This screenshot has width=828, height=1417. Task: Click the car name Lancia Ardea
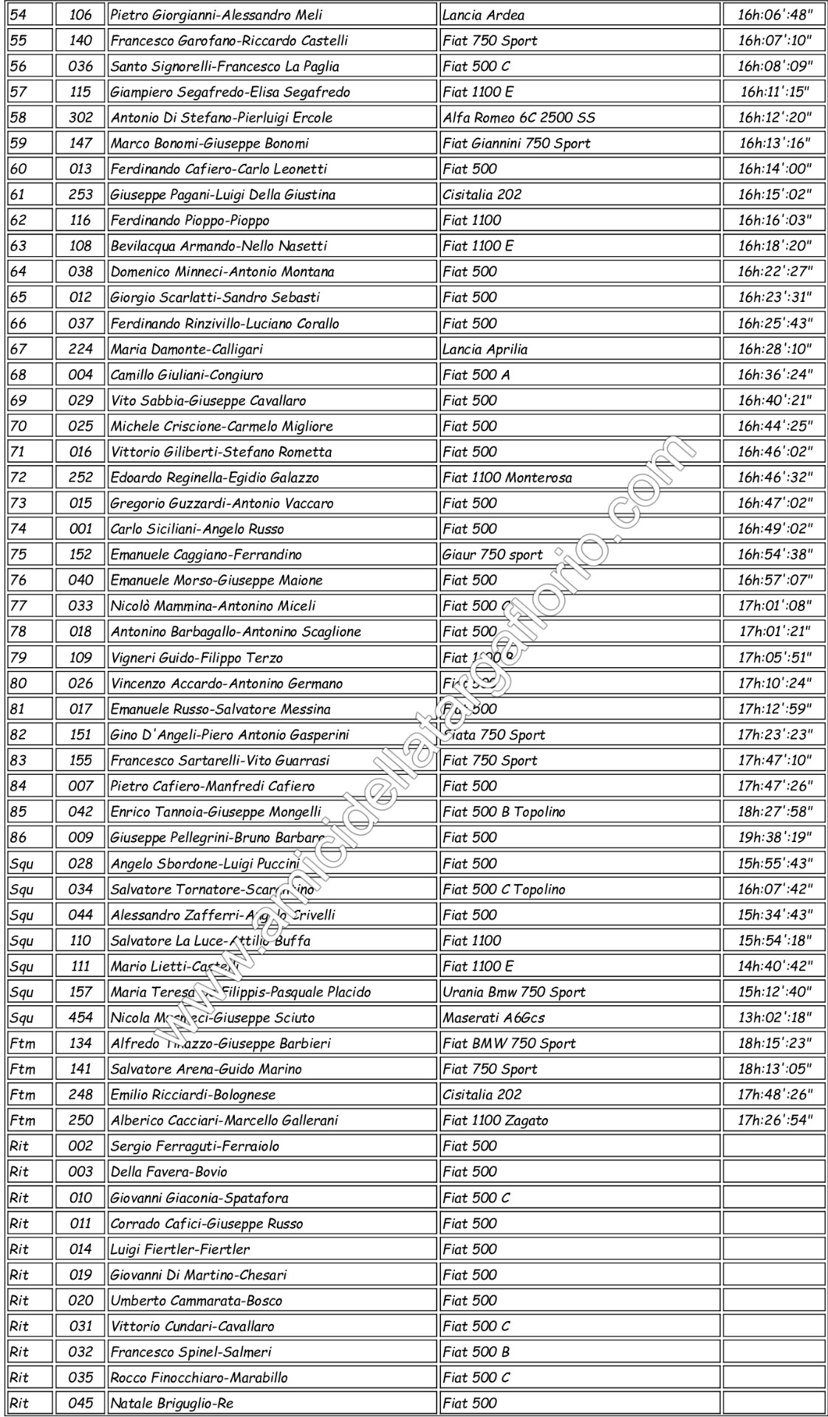coord(484,15)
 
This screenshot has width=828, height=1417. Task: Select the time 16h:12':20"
coord(775,117)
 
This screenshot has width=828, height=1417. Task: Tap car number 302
coord(81,117)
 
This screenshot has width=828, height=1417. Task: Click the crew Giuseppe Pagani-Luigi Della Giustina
coord(223,195)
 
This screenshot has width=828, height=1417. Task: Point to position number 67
coord(18,349)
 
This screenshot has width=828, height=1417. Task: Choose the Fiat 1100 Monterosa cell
coord(507,477)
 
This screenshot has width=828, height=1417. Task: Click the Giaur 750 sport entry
coord(492,554)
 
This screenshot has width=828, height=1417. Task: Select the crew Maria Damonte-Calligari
coord(186,349)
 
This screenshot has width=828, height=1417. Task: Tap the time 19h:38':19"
coord(775,837)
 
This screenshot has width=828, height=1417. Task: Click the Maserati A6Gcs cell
coord(493,1018)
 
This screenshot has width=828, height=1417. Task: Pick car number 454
coord(81,1018)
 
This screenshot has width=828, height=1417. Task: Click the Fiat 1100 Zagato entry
coord(496,1120)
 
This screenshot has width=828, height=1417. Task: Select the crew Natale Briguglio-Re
coord(172,1403)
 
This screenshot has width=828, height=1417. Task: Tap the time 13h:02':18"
coord(775,1018)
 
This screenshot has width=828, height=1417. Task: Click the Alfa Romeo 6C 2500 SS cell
coord(519,117)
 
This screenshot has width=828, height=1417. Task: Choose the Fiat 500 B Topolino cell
coord(504,812)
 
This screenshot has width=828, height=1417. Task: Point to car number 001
coord(81,529)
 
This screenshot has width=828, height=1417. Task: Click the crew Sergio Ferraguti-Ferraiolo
coord(195,1146)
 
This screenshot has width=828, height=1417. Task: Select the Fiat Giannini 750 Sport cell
coord(516,143)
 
